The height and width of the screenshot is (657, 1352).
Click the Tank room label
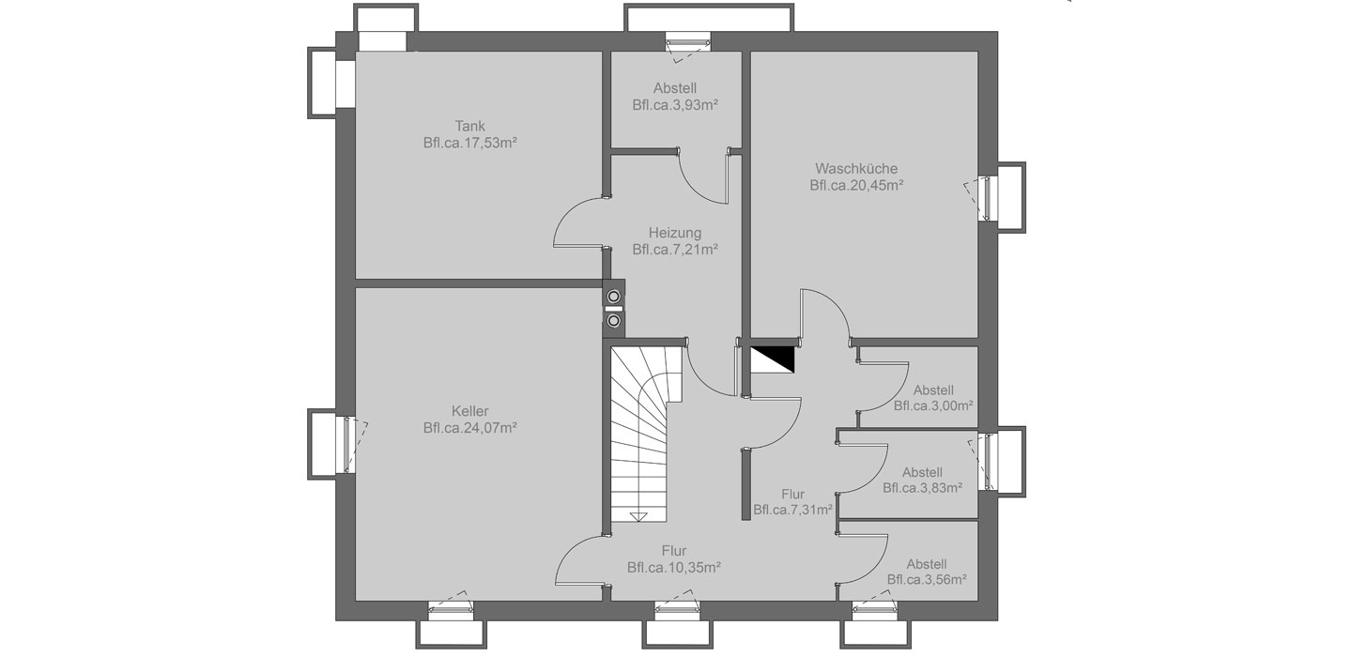[x=469, y=126]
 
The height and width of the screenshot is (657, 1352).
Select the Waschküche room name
[x=856, y=168]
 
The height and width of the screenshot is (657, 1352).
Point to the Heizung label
[x=675, y=232]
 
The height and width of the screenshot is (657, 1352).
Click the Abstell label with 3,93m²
[x=675, y=88]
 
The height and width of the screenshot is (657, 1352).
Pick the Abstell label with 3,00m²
[x=933, y=390]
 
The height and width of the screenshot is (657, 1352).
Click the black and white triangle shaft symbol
[x=772, y=359]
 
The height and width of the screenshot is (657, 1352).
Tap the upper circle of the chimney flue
[x=614, y=297]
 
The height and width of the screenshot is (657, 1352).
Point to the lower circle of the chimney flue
[x=614, y=320]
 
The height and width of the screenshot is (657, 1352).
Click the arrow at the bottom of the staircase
[x=639, y=516]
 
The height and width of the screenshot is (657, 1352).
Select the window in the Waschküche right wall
[x=988, y=198]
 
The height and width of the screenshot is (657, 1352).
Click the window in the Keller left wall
[x=347, y=444]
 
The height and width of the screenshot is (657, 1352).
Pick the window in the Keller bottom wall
[x=451, y=610]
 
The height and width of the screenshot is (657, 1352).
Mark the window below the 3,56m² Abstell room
[x=875, y=610]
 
